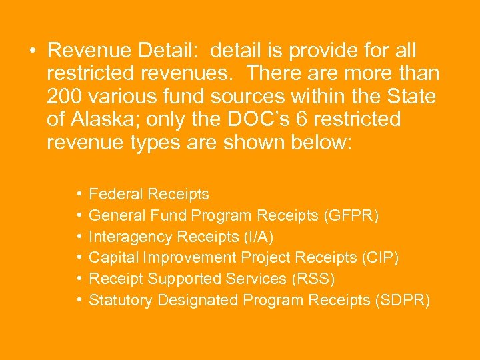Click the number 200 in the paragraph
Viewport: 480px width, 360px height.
65,97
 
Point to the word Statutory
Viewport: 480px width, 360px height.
121,301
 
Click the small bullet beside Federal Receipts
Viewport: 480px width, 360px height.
79,195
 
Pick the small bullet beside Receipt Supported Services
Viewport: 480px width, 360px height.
79,279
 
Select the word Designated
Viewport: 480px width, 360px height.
197,301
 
